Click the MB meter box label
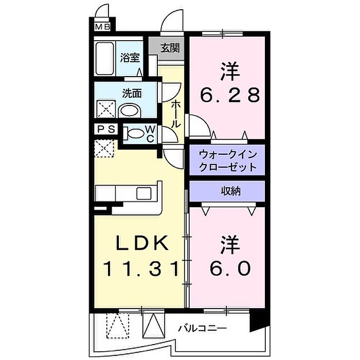(x=102, y=27)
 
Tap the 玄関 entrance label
(x=170, y=48)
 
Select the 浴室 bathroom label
(x=130, y=58)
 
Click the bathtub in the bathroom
(x=105, y=58)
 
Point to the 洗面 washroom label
(x=132, y=94)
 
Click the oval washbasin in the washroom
(x=130, y=111)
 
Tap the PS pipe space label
(x=106, y=129)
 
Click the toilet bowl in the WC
(x=135, y=133)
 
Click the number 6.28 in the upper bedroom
(x=230, y=95)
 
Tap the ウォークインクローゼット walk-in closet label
(x=228, y=160)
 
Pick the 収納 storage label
(x=231, y=191)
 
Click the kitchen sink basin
(x=144, y=193)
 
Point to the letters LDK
(x=142, y=243)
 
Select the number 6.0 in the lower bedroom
(x=230, y=268)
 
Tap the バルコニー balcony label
(x=203, y=328)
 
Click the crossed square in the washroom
(x=105, y=109)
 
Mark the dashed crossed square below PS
(x=104, y=148)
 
